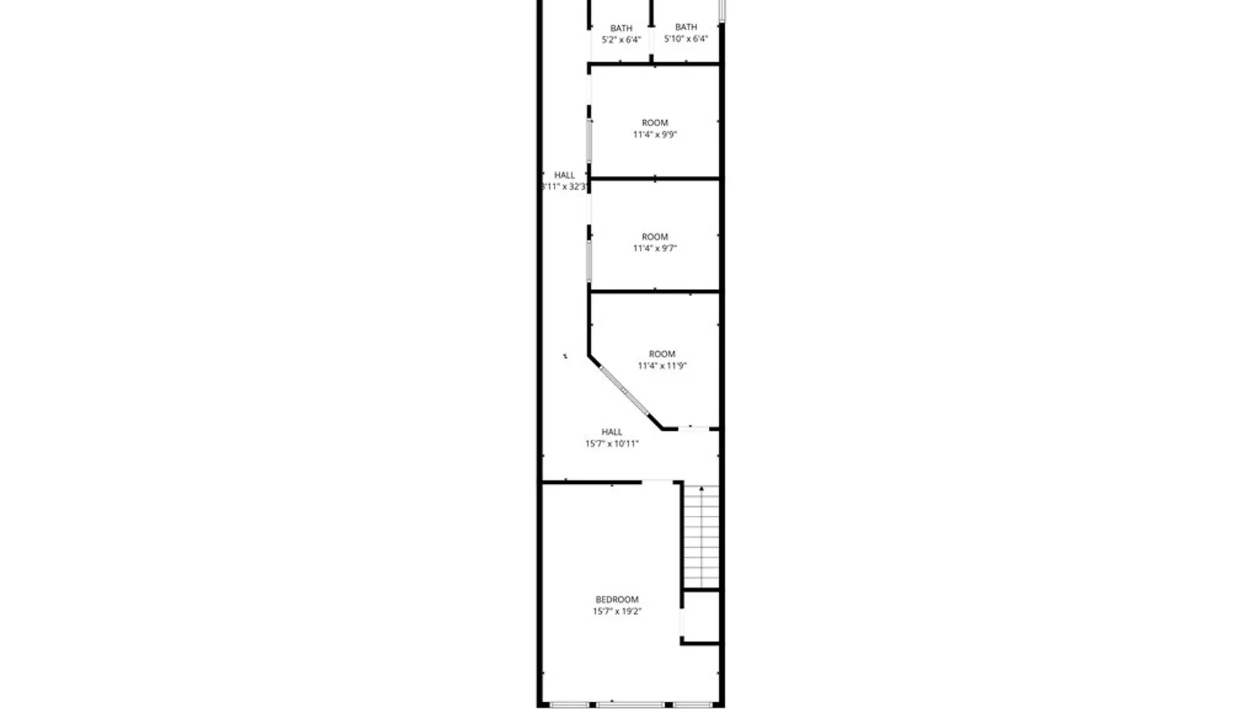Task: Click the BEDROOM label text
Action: [617, 599]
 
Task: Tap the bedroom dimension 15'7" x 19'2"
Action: [617, 611]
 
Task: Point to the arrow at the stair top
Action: [702, 489]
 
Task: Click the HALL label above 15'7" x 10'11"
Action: [612, 432]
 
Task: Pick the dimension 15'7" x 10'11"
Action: [612, 444]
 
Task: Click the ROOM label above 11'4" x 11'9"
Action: [661, 354]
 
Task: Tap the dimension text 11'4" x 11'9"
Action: [661, 366]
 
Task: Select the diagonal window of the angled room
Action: [624, 391]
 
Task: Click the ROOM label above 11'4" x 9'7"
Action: [655, 236]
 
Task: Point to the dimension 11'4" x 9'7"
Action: [655, 248]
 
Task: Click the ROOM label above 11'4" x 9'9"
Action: [655, 123]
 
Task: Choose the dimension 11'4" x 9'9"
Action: [655, 135]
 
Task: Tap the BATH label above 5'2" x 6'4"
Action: [621, 28]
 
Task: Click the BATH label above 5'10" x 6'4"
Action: [686, 27]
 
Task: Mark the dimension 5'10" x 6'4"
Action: [686, 39]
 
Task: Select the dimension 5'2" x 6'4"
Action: [621, 40]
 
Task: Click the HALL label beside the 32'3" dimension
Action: [564, 175]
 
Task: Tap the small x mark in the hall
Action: [565, 356]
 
